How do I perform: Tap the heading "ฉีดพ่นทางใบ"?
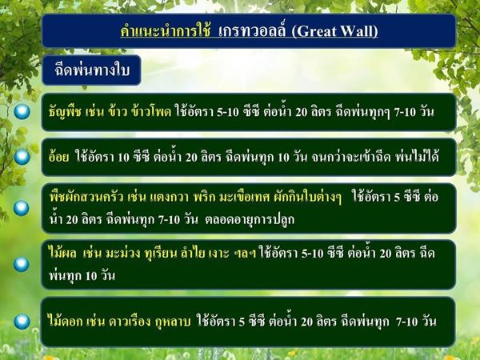pos(92,70)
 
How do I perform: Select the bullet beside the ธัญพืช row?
pos(22,112)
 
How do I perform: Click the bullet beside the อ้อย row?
pos(22,157)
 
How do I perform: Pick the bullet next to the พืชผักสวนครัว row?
pos(22,208)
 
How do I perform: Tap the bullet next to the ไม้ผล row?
pos(22,265)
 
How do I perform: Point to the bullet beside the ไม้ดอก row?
pos(22,322)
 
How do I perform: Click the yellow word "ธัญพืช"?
pos(66,112)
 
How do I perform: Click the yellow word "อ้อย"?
pos(58,157)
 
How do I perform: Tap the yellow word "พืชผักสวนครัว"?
pos(86,198)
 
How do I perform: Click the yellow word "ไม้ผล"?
pos(62,254)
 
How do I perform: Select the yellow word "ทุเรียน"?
pos(162,254)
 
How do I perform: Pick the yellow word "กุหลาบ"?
pos(174,322)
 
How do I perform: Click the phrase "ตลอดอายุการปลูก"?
pos(250,220)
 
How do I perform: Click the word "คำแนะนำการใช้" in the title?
pos(166,31)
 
